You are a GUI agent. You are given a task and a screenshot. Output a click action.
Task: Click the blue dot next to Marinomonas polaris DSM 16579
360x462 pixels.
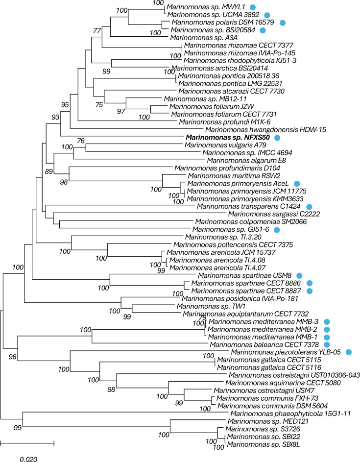[x=283, y=23]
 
